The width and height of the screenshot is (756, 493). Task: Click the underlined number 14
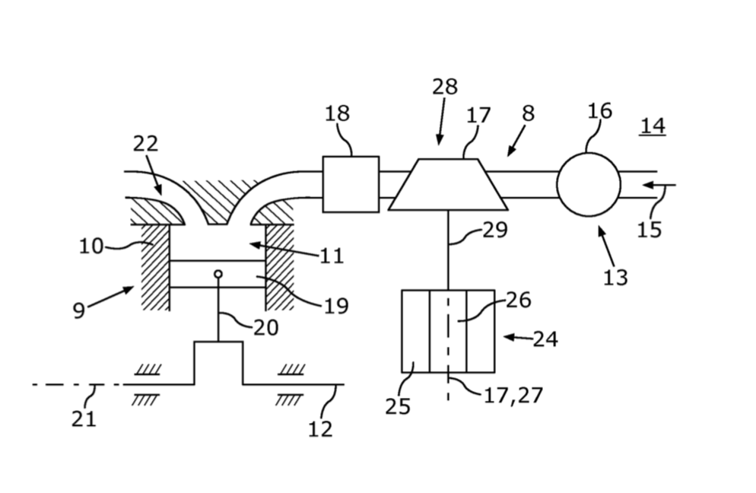point(653,126)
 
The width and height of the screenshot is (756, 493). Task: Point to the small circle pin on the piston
point(218,274)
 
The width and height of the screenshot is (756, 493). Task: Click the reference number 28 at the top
point(444,87)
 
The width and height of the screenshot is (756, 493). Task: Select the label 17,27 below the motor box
point(513,396)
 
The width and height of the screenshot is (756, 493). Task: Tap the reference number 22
point(145,143)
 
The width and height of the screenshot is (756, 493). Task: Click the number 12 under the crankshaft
point(321,428)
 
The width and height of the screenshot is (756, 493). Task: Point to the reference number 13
point(616,278)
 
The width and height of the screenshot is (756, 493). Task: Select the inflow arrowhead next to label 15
point(648,185)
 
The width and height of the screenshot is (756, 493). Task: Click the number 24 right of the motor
point(545,339)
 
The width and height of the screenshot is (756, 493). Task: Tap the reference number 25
point(398,407)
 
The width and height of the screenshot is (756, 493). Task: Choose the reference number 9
point(78,310)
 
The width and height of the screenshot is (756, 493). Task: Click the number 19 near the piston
point(336,306)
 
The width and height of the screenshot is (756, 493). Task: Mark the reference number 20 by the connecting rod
point(266,328)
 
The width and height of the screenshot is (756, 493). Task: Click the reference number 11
point(332,256)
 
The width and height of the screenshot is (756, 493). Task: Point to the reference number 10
point(91,247)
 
